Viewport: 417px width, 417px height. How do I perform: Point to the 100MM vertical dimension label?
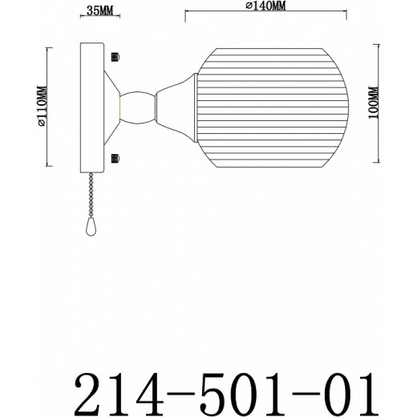point(394,103)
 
